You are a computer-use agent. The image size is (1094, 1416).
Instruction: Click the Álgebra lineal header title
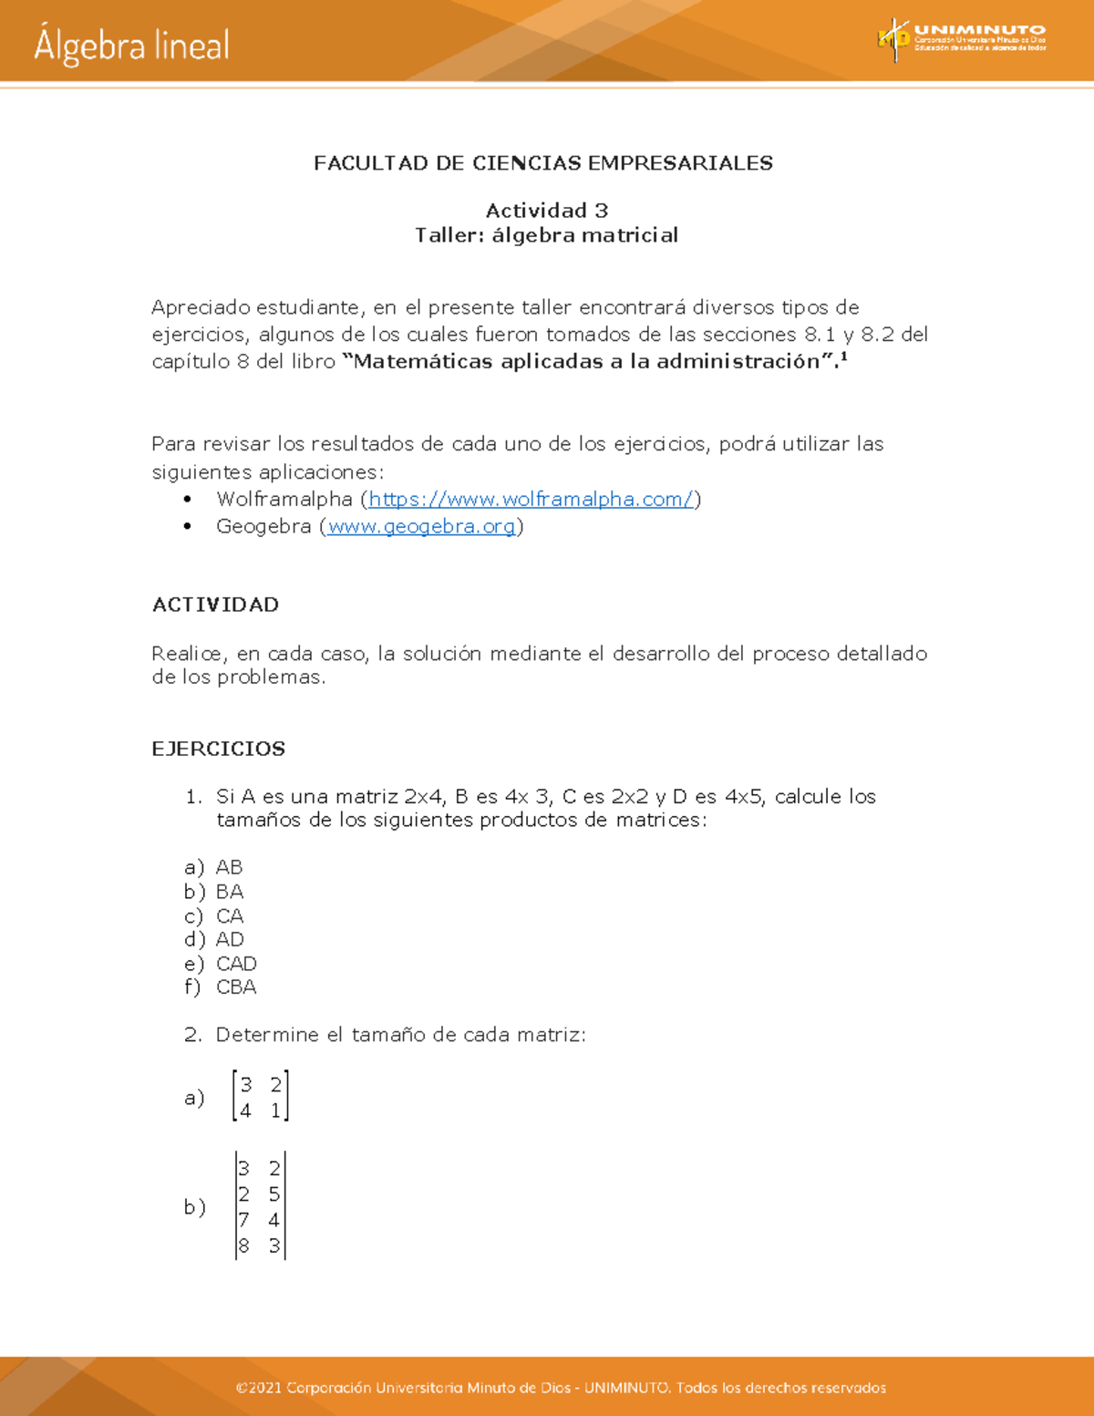(132, 46)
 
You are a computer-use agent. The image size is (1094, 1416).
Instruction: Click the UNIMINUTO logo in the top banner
(962, 38)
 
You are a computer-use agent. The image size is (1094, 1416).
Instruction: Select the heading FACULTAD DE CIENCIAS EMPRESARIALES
(543, 163)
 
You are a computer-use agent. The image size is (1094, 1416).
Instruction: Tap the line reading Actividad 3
(546, 211)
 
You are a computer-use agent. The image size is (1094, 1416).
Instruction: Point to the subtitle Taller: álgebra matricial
(546, 235)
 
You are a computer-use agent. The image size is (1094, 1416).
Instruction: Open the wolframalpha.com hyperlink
(531, 499)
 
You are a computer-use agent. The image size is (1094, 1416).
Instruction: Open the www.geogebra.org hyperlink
(421, 526)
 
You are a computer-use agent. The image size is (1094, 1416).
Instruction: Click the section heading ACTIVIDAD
(215, 605)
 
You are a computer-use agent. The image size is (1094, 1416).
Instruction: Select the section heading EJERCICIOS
(218, 749)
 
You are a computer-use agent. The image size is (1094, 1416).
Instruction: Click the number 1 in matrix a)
(275, 1111)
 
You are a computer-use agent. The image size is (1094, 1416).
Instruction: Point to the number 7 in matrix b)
(243, 1220)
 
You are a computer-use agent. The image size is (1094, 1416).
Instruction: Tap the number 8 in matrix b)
(243, 1245)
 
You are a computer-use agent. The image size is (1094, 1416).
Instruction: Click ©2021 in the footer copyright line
(258, 1388)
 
